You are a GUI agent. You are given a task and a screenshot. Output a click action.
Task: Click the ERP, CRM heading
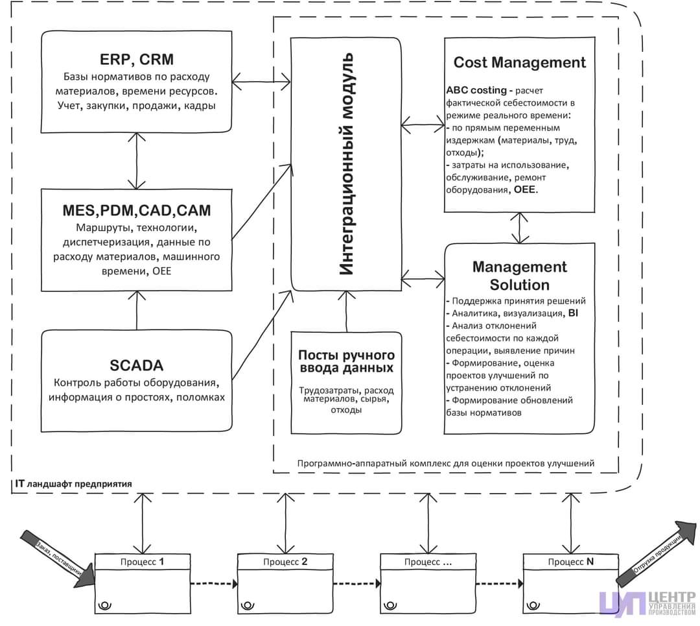[x=137, y=59]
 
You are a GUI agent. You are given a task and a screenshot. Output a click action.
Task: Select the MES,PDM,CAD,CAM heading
[x=137, y=211]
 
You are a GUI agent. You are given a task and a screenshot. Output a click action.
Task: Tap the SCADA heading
[x=137, y=363]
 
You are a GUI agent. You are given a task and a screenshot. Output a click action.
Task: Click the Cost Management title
[x=519, y=62]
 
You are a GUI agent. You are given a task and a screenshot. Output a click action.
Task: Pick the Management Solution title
[x=519, y=276]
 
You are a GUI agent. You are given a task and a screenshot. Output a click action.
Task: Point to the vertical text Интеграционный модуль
[x=347, y=165]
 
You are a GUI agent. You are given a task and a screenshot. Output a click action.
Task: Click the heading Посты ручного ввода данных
[x=346, y=361]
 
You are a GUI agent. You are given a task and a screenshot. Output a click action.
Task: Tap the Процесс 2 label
[x=284, y=562]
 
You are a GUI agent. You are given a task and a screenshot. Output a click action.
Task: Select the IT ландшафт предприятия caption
[x=72, y=484]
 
